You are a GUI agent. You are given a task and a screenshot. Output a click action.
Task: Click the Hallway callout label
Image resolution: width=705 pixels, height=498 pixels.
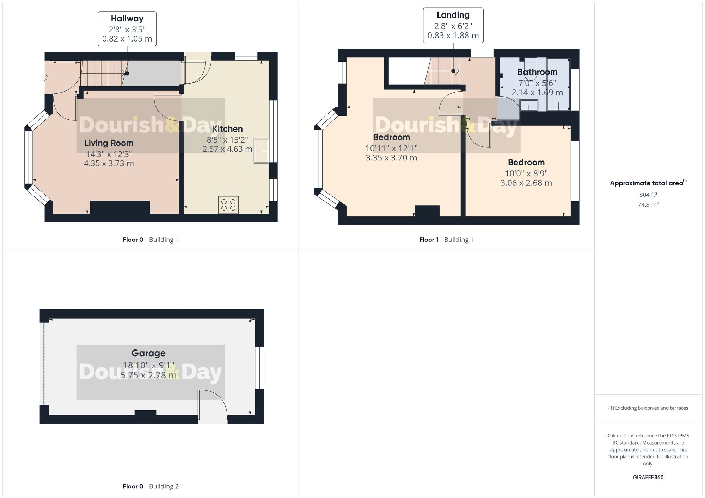[127, 29]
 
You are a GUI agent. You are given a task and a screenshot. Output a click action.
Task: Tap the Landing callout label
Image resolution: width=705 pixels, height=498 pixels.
[453, 25]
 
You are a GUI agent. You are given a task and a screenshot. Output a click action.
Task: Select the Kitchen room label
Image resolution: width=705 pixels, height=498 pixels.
[227, 129]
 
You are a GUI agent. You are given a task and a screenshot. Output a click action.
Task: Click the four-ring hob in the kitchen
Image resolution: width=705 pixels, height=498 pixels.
[228, 205]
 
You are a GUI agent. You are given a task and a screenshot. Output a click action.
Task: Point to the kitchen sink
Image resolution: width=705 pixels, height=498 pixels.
[261, 151]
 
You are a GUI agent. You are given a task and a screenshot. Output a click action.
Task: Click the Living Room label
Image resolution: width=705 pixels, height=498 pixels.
[109, 143]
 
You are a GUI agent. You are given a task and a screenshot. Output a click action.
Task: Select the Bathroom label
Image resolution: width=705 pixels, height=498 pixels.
[537, 72]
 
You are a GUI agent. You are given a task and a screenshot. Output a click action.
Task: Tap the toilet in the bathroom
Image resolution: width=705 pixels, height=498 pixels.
[530, 69]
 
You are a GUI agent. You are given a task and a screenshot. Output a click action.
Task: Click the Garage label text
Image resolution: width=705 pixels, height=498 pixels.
[148, 353]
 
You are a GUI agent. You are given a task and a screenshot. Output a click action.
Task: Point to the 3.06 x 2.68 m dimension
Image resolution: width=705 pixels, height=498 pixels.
[526, 183]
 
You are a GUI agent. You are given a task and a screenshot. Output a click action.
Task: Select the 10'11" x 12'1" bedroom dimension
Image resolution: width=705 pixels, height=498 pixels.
[391, 148]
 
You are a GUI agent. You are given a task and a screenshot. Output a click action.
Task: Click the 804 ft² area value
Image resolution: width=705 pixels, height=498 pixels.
[648, 195]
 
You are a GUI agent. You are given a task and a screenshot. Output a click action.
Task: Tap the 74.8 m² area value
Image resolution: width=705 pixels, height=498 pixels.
[648, 204]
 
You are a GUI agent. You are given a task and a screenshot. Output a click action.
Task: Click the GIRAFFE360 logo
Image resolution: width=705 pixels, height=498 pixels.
[648, 478]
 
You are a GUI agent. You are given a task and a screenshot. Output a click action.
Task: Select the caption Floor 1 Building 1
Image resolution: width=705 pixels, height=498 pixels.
[446, 240]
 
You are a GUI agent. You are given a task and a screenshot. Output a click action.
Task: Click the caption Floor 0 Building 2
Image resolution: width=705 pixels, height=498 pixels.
[151, 486]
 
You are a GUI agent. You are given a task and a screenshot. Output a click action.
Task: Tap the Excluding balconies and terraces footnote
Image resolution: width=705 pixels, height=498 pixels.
[648, 408]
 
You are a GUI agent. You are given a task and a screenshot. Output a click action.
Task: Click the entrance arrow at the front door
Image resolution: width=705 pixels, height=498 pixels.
[45, 77]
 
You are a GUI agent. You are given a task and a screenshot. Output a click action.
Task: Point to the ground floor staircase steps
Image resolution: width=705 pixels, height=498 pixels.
[102, 73]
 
